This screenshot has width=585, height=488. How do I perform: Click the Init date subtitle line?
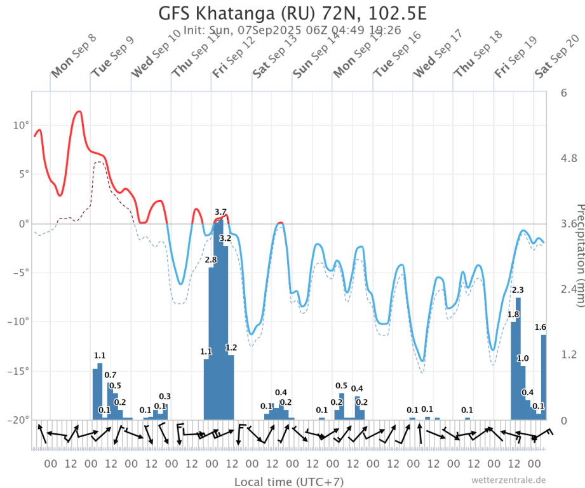pyautogui.click(x=292, y=30)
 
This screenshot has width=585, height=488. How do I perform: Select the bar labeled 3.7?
pyautogui.click(x=220, y=318)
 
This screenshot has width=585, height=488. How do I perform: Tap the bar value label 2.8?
pyautogui.click(x=211, y=260)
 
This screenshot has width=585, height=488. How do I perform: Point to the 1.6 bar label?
pyautogui.click(x=541, y=327)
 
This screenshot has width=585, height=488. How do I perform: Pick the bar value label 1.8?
pyautogui.click(x=513, y=315)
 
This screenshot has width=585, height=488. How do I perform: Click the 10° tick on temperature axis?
pyautogui.click(x=20, y=125)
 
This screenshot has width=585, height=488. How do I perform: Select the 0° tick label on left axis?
pyautogui.click(x=23, y=224)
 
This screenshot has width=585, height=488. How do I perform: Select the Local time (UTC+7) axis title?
pyautogui.click(x=289, y=482)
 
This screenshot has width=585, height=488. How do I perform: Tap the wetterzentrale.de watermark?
pyautogui.click(x=508, y=480)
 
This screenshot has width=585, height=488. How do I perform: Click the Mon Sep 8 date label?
pyautogui.click(x=73, y=56)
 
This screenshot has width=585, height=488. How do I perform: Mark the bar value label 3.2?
pyautogui.click(x=225, y=238)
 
